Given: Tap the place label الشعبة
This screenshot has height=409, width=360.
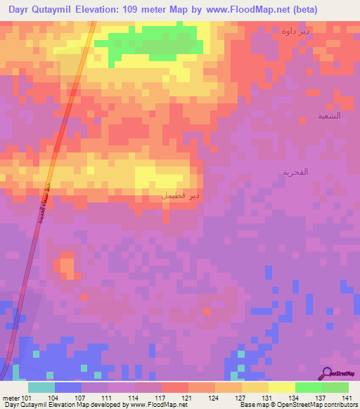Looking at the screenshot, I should pos(329,116).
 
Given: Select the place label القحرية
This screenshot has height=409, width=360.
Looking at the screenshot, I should pos(296,172).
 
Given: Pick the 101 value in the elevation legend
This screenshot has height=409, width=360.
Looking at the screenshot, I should pos(27,397).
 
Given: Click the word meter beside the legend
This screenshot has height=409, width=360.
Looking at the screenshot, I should pos(9,397).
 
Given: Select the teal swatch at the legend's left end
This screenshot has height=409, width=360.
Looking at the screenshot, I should pos(41,387).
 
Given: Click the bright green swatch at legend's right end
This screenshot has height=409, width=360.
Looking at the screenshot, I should pos(335,387).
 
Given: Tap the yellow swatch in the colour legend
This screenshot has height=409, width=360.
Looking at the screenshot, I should pos(281,387).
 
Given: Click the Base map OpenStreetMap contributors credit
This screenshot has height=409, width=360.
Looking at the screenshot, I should pos(297,405).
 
